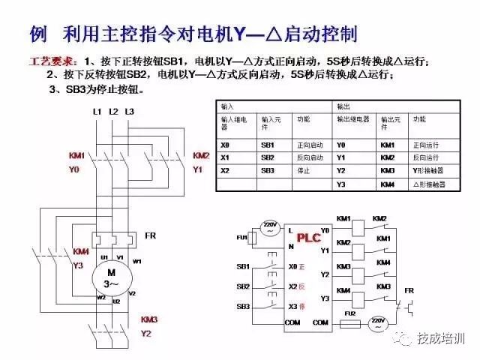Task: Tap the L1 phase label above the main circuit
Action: pos(97,112)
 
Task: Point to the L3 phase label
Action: pos(129,112)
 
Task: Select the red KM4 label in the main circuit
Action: pos(82,251)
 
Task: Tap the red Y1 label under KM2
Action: pos(198,170)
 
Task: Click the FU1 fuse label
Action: pos(242,238)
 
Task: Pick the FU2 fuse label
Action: pos(349,313)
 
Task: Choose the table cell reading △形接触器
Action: pos(429,184)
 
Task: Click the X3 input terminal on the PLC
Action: pos(294,306)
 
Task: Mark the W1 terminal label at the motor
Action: pos(137,261)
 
